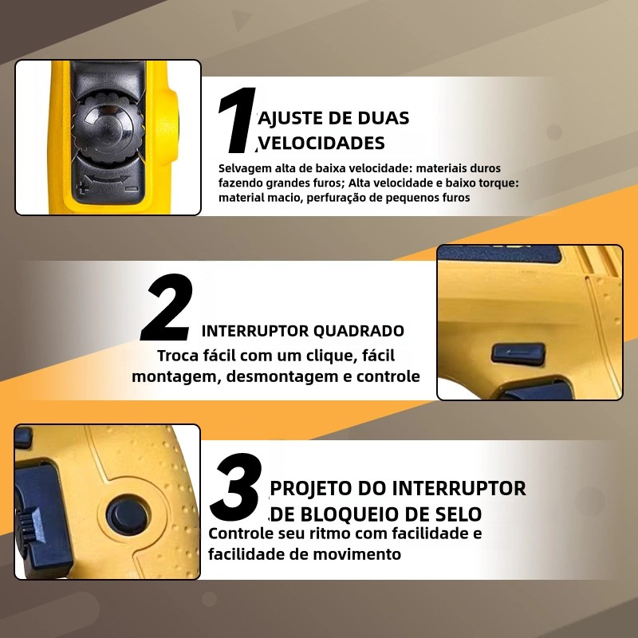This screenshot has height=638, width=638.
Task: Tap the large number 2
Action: [167, 307]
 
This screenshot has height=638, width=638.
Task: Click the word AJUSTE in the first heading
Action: [289, 118]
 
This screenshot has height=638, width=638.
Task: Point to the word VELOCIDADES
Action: [322, 144]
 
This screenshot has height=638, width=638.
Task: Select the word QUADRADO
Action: [360, 331]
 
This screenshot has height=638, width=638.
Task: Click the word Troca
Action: [177, 355]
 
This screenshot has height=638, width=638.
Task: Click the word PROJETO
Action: [311, 488]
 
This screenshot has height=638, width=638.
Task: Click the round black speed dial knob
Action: [108, 129]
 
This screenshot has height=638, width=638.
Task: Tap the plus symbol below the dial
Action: [84, 188]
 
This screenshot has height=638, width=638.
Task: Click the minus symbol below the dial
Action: [132, 188]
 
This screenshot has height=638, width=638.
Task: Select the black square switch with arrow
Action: [518, 352]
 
